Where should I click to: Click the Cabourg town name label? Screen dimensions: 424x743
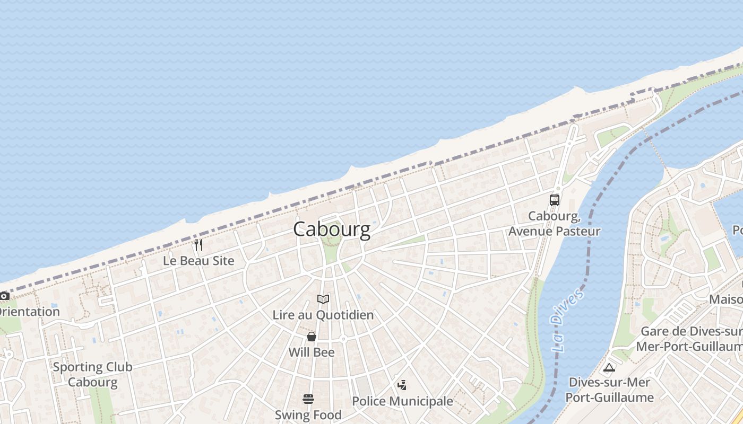point(332,229)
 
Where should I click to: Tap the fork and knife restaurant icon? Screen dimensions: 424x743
point(198,245)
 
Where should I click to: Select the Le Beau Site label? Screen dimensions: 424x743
point(198,261)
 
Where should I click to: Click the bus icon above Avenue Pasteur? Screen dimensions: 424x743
point(555,200)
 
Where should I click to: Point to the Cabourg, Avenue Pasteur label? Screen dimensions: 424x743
point(555,224)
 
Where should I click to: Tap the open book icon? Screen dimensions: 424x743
point(323,299)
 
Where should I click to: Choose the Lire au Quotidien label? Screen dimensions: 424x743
point(323,315)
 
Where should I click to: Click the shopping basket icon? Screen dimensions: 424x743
point(312,337)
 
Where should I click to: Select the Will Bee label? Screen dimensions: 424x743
point(312,352)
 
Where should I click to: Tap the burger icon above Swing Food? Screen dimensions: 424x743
point(308,399)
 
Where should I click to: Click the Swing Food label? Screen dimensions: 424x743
point(308,414)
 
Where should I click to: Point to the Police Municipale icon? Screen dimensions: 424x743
point(402,385)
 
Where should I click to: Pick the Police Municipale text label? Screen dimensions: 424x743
point(402,401)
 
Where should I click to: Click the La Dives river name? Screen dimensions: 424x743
point(567,321)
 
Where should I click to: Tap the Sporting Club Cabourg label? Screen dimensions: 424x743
point(92,374)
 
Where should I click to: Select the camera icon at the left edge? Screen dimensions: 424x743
point(4,296)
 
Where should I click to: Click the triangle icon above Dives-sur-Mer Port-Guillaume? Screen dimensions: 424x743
point(609,367)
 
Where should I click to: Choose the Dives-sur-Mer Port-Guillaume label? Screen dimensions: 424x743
point(609,390)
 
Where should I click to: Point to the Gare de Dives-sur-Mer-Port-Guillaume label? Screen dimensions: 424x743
point(690,339)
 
